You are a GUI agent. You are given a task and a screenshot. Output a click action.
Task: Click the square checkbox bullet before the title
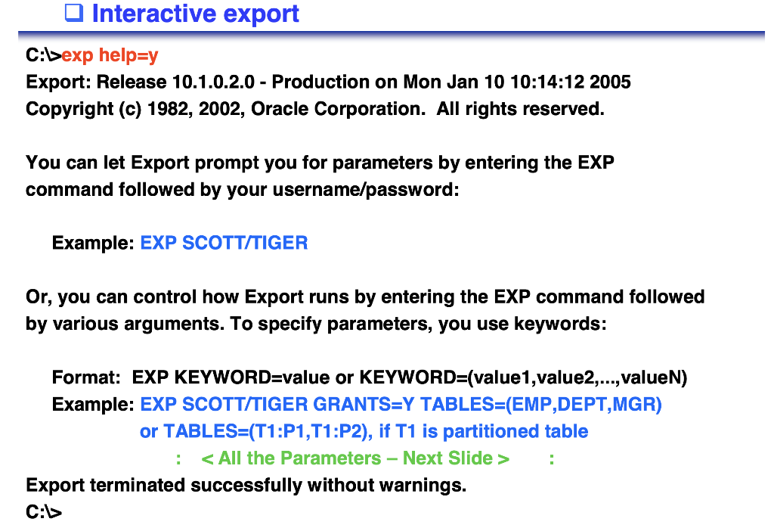click(73, 13)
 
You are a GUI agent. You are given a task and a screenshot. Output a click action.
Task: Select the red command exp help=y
click(110, 55)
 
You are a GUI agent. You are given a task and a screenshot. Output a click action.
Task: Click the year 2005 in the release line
click(610, 82)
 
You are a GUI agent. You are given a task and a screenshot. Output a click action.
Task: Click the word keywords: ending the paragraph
click(560, 324)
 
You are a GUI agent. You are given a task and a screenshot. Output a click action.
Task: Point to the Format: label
click(86, 377)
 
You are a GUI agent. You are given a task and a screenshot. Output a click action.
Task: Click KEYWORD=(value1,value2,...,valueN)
click(524, 377)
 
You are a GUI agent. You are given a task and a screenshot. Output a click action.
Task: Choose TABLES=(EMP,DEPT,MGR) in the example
click(541, 405)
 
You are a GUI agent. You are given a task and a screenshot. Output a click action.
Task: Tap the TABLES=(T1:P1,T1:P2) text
click(267, 431)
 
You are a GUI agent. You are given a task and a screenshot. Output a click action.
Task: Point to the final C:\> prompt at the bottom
click(44, 512)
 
